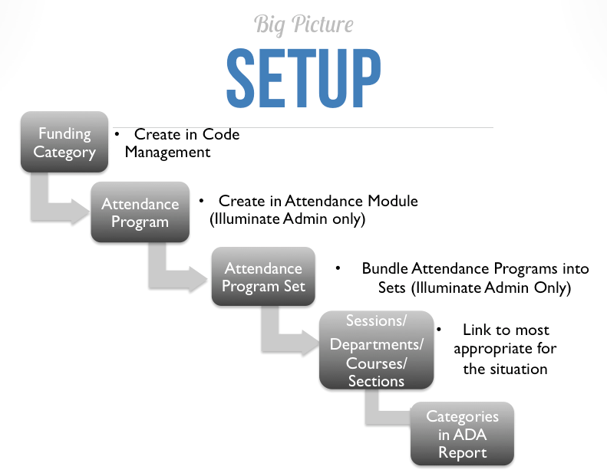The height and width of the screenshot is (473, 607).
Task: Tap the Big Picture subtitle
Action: (303, 25)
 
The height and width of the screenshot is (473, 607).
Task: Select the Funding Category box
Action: (64, 143)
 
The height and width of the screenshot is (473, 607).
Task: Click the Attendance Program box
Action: (140, 213)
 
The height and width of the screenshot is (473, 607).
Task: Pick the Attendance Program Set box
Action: (263, 278)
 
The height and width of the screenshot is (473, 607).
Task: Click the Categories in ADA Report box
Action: (462, 434)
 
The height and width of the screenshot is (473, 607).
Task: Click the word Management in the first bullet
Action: (167, 152)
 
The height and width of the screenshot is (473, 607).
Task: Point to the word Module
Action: (391, 201)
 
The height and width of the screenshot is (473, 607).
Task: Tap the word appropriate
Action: (505, 349)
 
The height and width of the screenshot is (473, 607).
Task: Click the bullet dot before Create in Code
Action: (117, 134)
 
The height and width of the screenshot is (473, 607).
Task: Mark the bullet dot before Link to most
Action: (439, 329)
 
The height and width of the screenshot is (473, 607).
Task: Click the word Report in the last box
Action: (462, 452)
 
